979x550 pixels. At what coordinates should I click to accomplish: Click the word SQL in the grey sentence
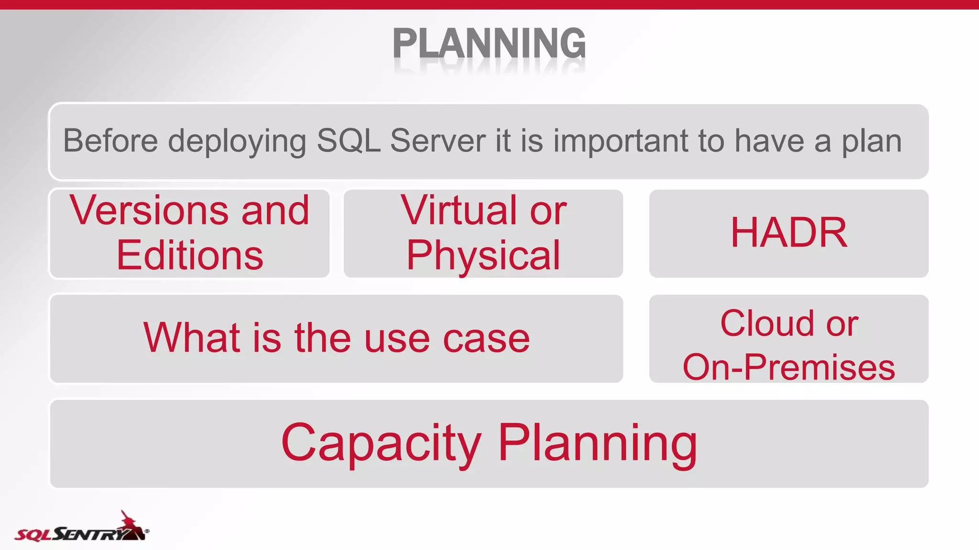tap(348, 141)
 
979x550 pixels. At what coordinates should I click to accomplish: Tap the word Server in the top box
tap(438, 141)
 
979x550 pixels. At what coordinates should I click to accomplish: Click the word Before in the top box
tap(110, 141)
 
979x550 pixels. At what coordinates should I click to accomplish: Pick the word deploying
tap(237, 142)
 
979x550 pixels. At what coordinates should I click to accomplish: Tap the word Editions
tap(189, 255)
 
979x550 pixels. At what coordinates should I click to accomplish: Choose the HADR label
tap(789, 233)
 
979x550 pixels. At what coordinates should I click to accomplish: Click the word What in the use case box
tap(191, 338)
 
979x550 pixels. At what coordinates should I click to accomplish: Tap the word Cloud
tap(767, 323)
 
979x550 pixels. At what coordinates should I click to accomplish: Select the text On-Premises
tap(789, 367)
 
